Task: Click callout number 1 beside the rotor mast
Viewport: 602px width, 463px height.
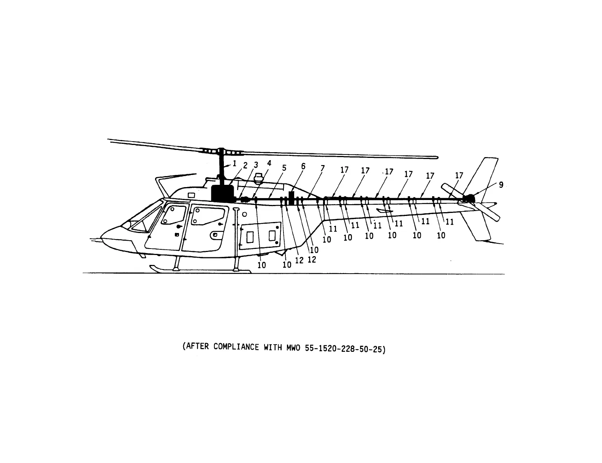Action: (x=234, y=164)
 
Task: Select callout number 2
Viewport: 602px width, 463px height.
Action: (x=245, y=165)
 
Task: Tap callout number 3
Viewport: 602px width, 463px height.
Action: (x=256, y=165)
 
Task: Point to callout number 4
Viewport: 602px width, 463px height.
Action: (x=269, y=163)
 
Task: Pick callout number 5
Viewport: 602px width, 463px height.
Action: (x=284, y=168)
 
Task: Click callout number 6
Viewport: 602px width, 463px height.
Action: (x=303, y=167)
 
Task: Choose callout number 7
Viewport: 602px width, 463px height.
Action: (x=323, y=168)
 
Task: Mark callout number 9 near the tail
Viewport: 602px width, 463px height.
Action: (x=501, y=185)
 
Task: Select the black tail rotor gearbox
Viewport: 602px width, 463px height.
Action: (x=471, y=198)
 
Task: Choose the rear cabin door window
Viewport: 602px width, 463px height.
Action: (x=207, y=215)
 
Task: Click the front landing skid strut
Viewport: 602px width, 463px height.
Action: (x=176, y=263)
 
